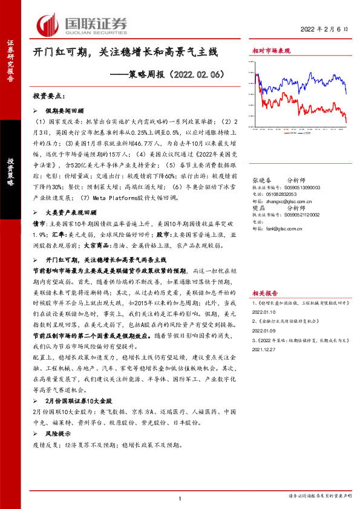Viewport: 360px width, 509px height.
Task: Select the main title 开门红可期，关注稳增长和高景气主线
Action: pyautogui.click(x=124, y=53)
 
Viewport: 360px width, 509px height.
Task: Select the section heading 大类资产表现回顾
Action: pyautogui.click(x=71, y=213)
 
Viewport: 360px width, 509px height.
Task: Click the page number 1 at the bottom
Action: pyautogui.click(x=180, y=498)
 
